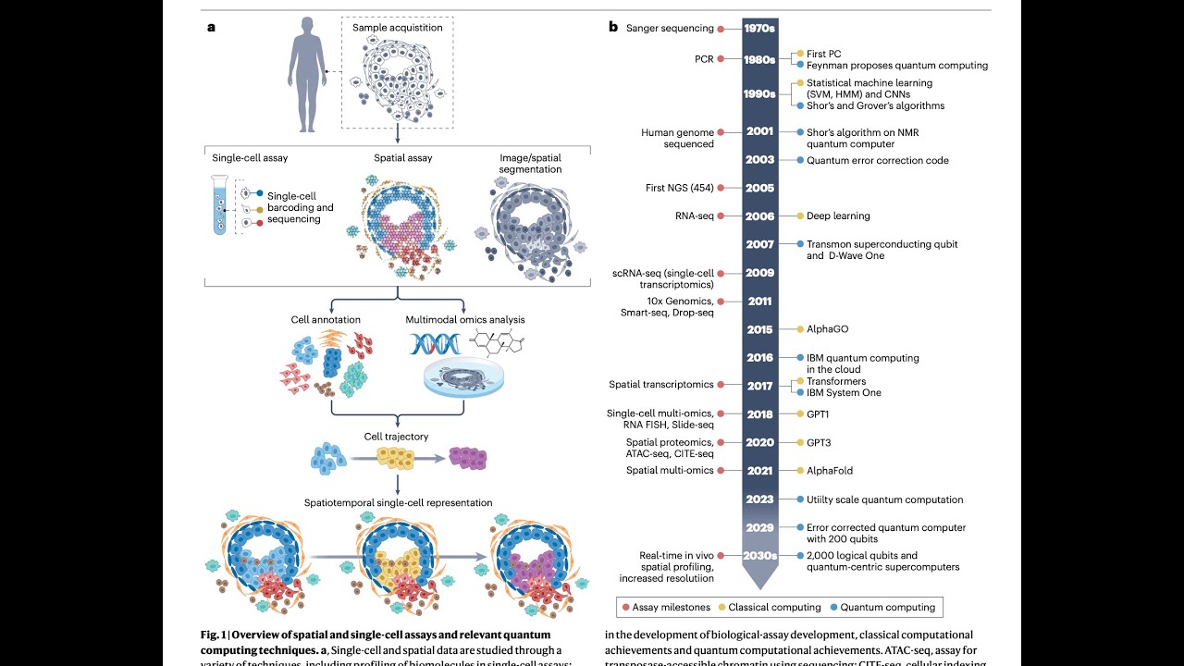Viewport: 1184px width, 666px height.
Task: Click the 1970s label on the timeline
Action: (x=758, y=29)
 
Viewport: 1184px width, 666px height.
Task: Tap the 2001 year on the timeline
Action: (x=759, y=132)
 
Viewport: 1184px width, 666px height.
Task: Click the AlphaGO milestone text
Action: (x=827, y=329)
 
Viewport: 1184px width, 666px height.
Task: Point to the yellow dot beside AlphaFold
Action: (x=798, y=471)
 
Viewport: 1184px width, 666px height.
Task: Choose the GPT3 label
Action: (x=819, y=442)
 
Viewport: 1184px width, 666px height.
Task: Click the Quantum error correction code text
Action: (x=877, y=161)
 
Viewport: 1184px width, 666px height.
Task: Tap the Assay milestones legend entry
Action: (x=669, y=608)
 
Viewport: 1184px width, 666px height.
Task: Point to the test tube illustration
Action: (x=220, y=205)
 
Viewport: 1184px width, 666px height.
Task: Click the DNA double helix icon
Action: (x=433, y=345)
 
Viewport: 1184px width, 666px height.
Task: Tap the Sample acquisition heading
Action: (x=398, y=28)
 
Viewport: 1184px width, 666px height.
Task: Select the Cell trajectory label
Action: (x=397, y=436)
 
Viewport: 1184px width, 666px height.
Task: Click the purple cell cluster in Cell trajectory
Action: (x=467, y=457)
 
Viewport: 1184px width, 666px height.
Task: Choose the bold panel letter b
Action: (x=612, y=27)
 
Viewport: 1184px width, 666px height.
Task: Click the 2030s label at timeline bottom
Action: (x=759, y=556)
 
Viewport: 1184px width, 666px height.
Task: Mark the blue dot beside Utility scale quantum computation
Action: (x=798, y=499)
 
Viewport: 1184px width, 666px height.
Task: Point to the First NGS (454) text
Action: (x=680, y=188)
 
